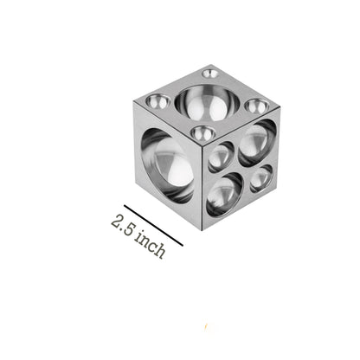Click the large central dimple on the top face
(208, 102)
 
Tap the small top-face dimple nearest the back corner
(210, 74)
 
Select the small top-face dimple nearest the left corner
(157, 101)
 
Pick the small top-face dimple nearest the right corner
(257, 106)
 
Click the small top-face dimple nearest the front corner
(203, 133)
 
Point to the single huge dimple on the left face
(167, 166)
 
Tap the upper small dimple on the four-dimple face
(221, 157)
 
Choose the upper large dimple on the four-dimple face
(257, 143)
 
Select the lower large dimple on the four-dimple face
(225, 195)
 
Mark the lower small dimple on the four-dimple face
(261, 178)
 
